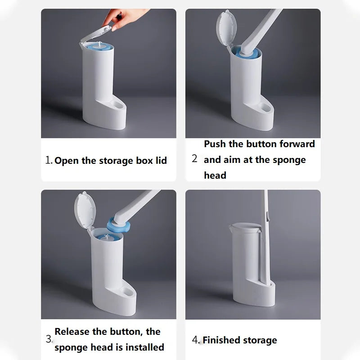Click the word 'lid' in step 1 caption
tap(161, 161)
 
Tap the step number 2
tap(194, 158)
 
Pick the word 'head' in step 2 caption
tap(215, 175)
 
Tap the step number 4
tap(195, 340)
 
